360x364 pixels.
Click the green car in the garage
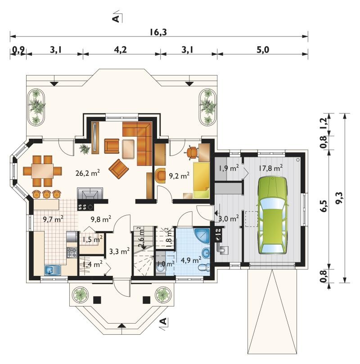click(x=272, y=216)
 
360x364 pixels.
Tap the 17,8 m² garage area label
click(x=271, y=168)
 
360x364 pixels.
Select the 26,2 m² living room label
click(x=88, y=173)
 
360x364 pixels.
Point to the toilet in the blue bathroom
click(x=204, y=267)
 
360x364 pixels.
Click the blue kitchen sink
click(x=53, y=270)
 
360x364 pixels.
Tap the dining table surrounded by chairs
click(x=42, y=171)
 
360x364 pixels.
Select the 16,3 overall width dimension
click(x=158, y=32)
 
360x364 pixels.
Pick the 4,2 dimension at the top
click(x=121, y=49)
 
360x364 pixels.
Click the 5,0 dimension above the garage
click(x=263, y=49)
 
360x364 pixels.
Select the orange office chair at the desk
click(x=193, y=152)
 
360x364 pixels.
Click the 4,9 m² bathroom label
click(x=191, y=260)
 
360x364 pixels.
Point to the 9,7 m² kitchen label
click(x=53, y=219)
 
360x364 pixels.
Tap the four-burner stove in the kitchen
click(x=72, y=253)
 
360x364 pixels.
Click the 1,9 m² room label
click(x=229, y=168)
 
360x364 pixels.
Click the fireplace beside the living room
click(x=90, y=194)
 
